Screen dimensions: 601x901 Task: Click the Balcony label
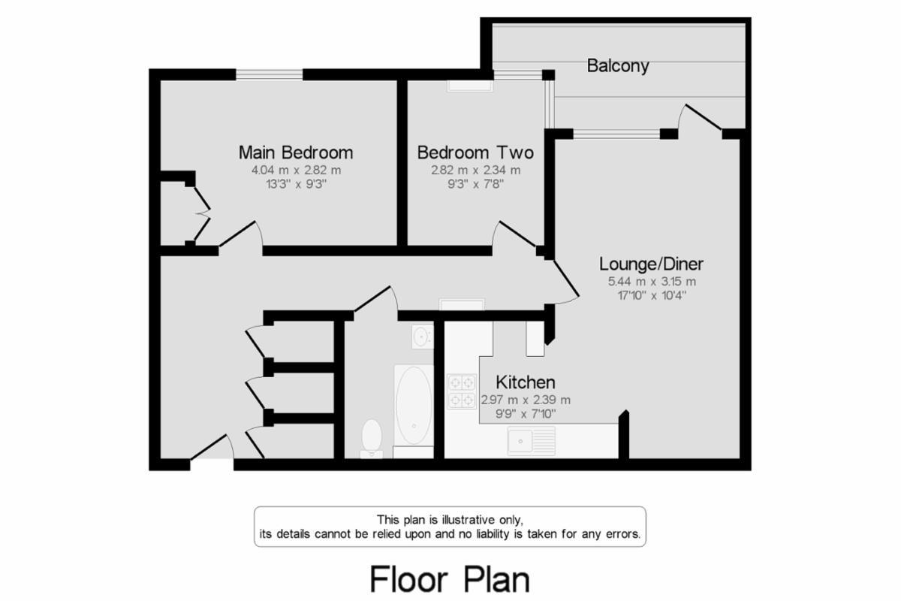click(618, 66)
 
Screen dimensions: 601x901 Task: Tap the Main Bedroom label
click(295, 153)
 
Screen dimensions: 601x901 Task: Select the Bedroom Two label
click(475, 153)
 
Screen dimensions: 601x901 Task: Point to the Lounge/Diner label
click(651, 264)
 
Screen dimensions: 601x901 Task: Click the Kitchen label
click(525, 382)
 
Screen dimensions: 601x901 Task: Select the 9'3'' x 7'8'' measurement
click(475, 184)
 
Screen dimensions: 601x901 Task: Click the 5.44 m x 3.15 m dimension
click(651, 282)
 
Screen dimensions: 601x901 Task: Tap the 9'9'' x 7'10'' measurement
click(525, 414)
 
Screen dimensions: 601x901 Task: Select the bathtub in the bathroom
click(413, 406)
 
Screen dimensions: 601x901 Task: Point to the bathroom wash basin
click(422, 336)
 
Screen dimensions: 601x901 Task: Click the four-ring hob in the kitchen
click(462, 391)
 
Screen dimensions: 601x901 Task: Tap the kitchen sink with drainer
click(530, 440)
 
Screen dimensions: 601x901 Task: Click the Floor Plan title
click(449, 579)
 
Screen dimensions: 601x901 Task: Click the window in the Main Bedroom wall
click(270, 74)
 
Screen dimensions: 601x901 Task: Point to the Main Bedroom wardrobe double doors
click(201, 213)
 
